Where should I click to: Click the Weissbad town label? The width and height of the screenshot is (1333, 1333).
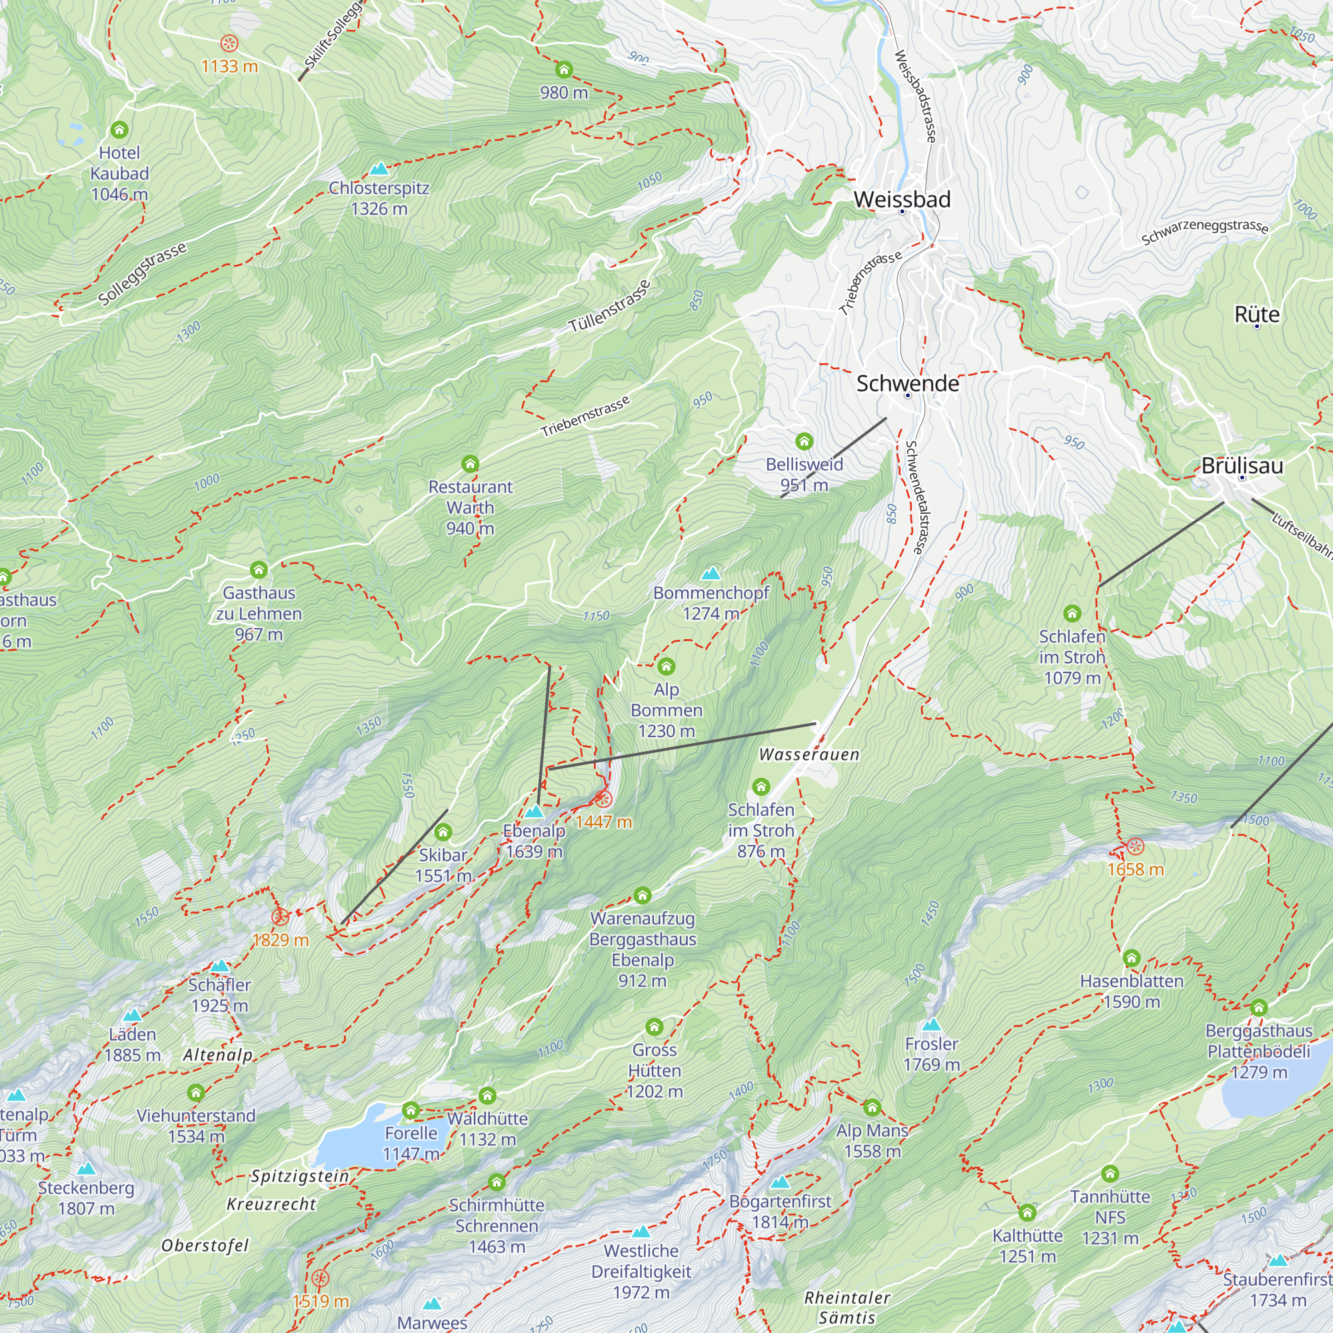tap(902, 199)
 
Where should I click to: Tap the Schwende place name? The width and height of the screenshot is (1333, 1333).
tap(907, 384)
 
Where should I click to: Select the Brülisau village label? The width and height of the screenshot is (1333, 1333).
tap(1242, 466)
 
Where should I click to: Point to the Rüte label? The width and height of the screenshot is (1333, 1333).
tap(1256, 315)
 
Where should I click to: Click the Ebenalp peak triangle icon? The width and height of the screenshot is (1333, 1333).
tap(534, 811)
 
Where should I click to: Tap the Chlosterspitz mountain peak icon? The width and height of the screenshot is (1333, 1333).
tap(379, 169)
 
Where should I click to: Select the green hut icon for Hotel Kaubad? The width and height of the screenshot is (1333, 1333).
tap(119, 130)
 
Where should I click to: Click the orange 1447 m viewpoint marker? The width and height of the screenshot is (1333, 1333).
tap(603, 799)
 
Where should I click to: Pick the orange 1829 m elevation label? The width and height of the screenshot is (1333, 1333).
tap(280, 940)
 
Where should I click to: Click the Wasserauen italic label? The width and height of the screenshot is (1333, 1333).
tap(808, 755)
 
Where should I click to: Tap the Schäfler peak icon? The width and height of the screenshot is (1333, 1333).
tap(219, 966)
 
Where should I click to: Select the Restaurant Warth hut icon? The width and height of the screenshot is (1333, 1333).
tap(470, 464)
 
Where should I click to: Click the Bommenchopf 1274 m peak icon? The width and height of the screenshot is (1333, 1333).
tap(710, 573)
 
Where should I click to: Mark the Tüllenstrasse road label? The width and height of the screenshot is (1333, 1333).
tap(609, 307)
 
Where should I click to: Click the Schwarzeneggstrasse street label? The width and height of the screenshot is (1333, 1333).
tap(1204, 232)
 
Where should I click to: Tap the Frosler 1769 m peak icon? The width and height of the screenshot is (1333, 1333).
tap(932, 1024)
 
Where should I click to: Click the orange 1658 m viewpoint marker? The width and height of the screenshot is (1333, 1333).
tap(1135, 846)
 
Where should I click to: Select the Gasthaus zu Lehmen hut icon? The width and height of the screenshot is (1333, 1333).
tap(259, 570)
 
